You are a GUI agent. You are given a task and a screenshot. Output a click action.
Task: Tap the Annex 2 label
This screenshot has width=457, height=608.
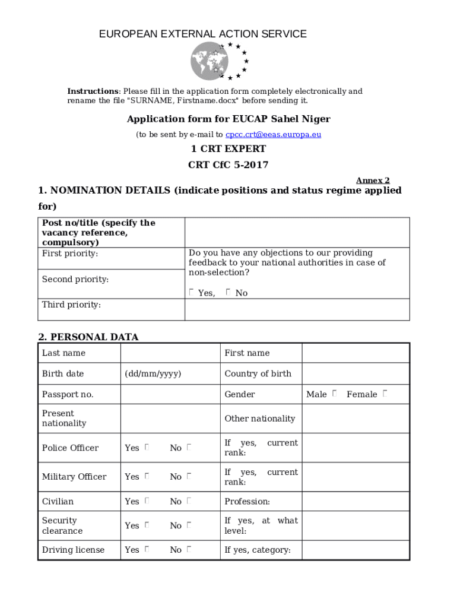(x=373, y=180)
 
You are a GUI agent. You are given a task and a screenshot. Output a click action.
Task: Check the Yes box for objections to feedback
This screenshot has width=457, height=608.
(x=191, y=292)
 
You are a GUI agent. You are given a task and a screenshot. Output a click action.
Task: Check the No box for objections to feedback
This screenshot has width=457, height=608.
(x=228, y=292)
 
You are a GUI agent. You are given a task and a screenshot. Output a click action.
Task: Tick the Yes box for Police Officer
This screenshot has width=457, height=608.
(x=146, y=447)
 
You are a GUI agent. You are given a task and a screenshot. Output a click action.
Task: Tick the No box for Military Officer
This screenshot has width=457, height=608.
(x=189, y=476)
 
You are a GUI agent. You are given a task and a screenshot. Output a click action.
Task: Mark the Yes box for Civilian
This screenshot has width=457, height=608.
(x=146, y=501)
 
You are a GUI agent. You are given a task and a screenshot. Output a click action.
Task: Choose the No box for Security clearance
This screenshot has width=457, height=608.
(x=189, y=525)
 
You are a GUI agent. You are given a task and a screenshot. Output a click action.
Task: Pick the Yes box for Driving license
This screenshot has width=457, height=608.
(x=146, y=550)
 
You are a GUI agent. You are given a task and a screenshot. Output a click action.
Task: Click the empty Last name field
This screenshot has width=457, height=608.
(x=170, y=353)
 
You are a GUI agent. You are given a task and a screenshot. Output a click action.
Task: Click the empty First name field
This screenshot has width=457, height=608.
(x=355, y=353)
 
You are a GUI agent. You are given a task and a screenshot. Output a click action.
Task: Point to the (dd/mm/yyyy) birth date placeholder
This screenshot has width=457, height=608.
(x=153, y=373)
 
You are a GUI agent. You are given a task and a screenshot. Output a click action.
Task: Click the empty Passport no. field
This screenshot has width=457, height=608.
(x=170, y=394)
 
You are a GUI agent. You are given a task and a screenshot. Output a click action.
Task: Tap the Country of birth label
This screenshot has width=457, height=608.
(x=258, y=373)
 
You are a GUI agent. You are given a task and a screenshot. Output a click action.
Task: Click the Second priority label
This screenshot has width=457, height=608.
(x=75, y=279)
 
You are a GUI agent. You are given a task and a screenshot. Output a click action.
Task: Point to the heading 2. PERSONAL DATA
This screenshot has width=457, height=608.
(x=88, y=337)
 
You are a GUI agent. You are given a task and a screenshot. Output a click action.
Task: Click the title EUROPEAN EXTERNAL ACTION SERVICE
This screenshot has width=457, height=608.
(x=203, y=34)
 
